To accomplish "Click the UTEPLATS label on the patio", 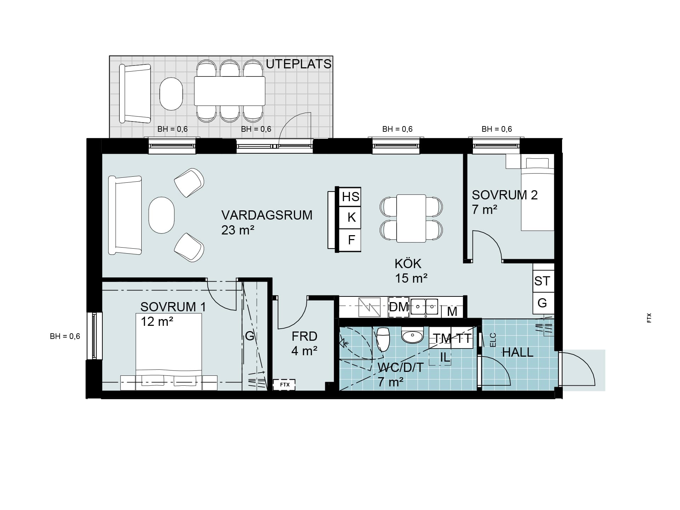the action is pos(299,64).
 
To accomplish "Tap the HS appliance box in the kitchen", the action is pos(350,197).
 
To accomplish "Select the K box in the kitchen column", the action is pos(350,217).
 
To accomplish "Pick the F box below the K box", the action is pos(350,240).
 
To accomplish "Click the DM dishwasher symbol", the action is pos(399,307).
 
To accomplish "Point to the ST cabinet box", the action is pos(543,281).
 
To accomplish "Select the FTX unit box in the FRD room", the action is pos(284,385).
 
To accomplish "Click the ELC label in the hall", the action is pos(493,340).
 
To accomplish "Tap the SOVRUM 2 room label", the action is pos(505,195).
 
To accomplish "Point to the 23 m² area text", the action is pos(238,230).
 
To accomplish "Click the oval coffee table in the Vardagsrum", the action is pos(161,215).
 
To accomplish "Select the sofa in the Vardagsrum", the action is pos(125,215).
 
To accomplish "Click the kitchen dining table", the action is pos(411,218).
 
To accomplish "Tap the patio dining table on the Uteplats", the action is pos(229,91).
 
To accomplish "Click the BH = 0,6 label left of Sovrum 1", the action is pos(65,336).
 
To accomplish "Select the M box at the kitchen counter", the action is pos(452,311).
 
